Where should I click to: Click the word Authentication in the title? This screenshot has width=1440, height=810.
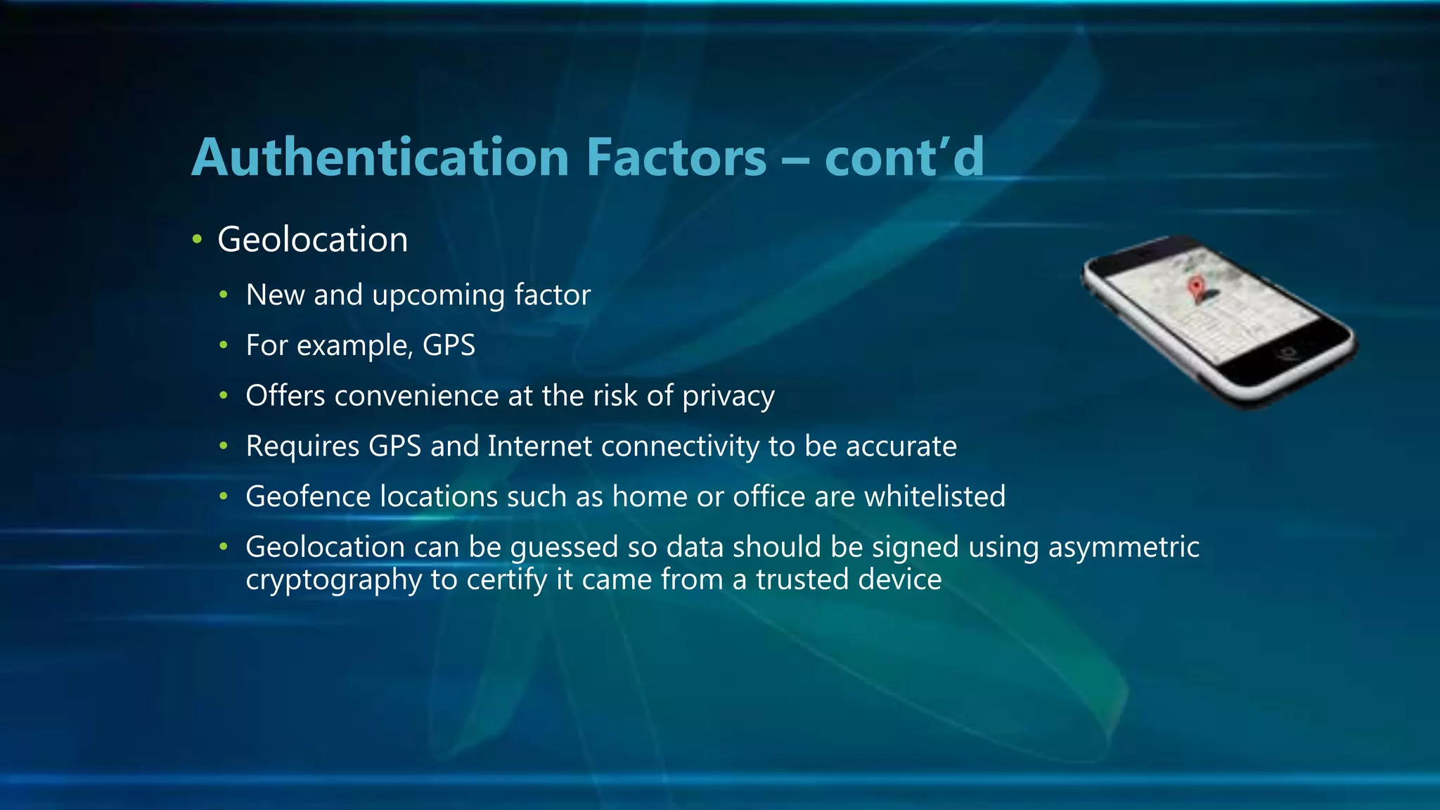[x=380, y=157]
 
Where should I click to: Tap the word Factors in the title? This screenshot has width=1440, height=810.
[x=676, y=157]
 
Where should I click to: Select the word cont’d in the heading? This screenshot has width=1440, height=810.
[x=904, y=157]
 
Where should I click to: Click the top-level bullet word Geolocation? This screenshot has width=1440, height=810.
[x=312, y=240]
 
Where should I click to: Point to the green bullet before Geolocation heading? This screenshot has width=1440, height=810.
[x=198, y=240]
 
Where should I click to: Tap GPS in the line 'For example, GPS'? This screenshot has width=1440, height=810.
[x=449, y=345]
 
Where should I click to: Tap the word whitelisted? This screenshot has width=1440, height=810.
[x=934, y=496]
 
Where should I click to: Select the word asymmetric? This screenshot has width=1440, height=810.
[x=1124, y=548]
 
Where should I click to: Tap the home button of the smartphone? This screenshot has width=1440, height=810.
[x=1289, y=351]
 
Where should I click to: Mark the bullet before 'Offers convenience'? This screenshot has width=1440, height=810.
[x=224, y=396]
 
